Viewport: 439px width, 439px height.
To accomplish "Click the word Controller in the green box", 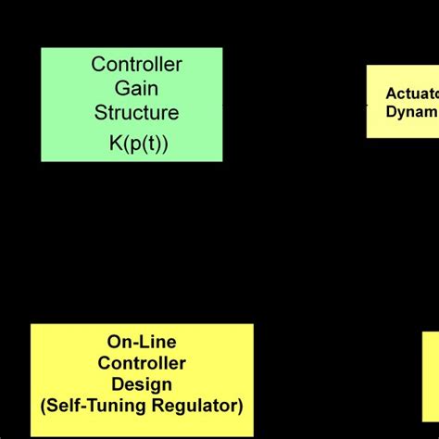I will coord(136,65).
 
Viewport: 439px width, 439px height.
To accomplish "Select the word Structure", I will coord(136,113).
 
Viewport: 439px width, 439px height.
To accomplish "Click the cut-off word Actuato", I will coord(412,93).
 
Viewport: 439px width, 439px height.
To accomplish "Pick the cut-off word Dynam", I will coord(412,112).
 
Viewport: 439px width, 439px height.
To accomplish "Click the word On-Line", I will coord(142,343).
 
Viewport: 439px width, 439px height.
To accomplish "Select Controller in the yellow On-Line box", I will coord(142,363).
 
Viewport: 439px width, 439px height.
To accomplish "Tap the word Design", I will coord(142,383).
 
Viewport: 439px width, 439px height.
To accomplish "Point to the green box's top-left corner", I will coord(42,48).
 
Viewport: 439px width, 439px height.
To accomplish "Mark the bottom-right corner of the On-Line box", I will coord(253,435).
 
